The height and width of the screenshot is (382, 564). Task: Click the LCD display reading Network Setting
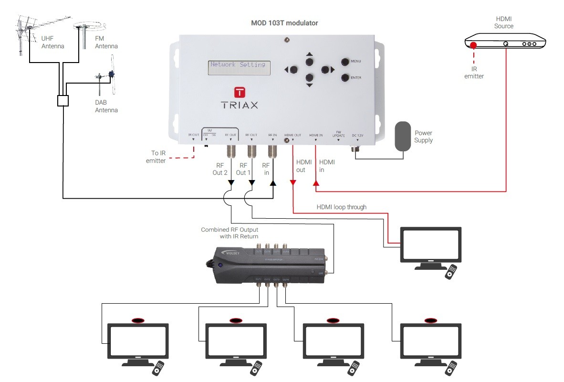[x=239, y=68]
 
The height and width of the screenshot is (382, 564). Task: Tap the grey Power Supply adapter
[x=403, y=136]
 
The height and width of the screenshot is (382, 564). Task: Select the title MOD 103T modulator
[x=284, y=23]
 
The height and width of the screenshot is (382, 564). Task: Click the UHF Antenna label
[x=52, y=43]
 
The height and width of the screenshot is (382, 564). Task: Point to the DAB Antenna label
[x=106, y=106]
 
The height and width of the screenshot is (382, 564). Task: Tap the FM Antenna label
[x=106, y=43]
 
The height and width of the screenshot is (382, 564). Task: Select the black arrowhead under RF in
[x=272, y=183]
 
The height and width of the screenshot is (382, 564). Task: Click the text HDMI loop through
[x=341, y=207]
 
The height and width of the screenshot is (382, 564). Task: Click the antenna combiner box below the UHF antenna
[x=63, y=101]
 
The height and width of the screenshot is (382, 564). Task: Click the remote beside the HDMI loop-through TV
[x=451, y=272]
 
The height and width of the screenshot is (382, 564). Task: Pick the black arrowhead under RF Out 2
[x=231, y=183]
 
